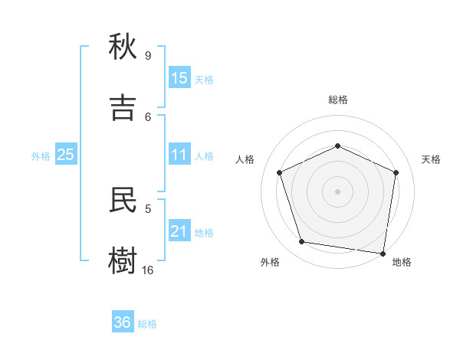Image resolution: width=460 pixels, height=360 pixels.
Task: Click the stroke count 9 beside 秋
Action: (148, 55)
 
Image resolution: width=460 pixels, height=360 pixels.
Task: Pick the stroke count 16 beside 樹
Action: (148, 270)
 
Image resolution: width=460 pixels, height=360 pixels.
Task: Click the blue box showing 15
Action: (179, 77)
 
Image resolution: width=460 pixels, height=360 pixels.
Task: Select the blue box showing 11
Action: (179, 155)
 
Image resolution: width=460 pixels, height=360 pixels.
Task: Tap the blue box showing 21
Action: (179, 231)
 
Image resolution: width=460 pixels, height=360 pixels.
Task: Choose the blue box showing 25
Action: (66, 155)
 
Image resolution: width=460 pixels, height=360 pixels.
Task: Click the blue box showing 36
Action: (123, 322)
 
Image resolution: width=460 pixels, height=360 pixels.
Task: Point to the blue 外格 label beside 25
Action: (41, 156)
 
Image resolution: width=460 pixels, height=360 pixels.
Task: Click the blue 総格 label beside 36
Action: (147, 324)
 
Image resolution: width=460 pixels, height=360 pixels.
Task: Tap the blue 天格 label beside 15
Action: (204, 79)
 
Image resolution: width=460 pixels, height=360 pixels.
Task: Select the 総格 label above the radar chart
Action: (338, 100)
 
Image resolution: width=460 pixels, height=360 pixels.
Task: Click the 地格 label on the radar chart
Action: (402, 262)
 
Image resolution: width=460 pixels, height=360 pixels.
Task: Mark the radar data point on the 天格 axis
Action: (396, 172)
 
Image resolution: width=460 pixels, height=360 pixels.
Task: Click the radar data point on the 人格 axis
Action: (280, 172)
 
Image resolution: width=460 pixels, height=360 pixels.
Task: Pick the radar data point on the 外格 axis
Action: (302, 242)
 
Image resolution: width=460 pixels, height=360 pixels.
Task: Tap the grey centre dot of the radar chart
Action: (338, 191)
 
